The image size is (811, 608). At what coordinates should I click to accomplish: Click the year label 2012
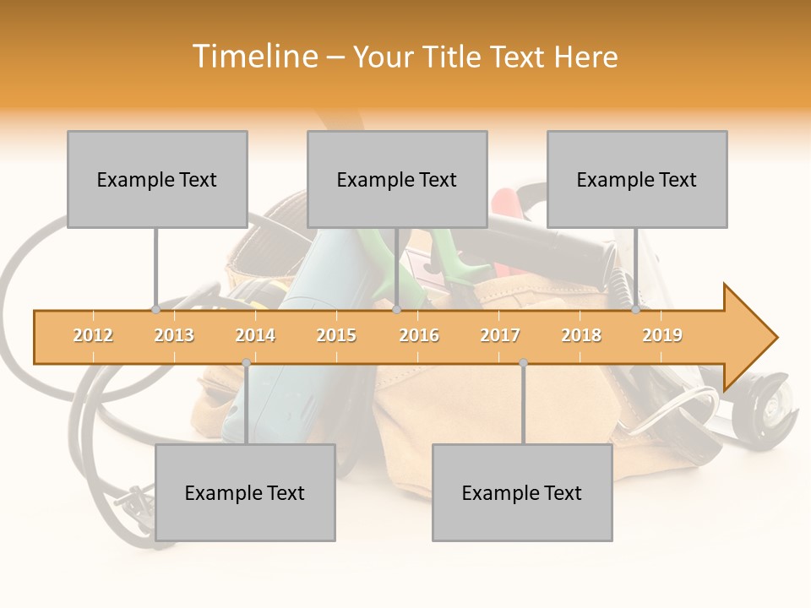[93, 335]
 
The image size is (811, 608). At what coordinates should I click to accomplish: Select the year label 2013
[174, 335]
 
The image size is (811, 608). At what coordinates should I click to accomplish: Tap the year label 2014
[255, 335]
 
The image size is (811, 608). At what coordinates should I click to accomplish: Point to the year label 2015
[336, 335]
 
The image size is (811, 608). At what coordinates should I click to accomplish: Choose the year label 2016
[419, 335]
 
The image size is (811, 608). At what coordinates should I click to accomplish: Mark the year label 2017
[500, 335]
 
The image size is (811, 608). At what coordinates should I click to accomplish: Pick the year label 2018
[581, 335]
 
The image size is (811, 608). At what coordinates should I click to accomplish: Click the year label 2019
[662, 335]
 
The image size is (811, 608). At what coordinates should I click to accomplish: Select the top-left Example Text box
[157, 179]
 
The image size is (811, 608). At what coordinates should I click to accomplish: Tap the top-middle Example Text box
[397, 179]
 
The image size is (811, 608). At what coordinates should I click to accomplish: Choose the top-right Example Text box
[637, 179]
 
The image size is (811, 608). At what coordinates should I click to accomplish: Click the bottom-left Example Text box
[245, 492]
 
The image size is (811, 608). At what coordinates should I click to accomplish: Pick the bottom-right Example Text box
[522, 492]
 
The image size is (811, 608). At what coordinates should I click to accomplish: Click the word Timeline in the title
[256, 57]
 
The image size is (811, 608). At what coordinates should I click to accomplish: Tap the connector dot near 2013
[155, 309]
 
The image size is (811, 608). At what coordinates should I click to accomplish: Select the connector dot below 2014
[246, 363]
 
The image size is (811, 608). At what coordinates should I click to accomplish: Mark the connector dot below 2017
[523, 363]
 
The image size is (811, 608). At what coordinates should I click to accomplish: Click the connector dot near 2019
[635, 309]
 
